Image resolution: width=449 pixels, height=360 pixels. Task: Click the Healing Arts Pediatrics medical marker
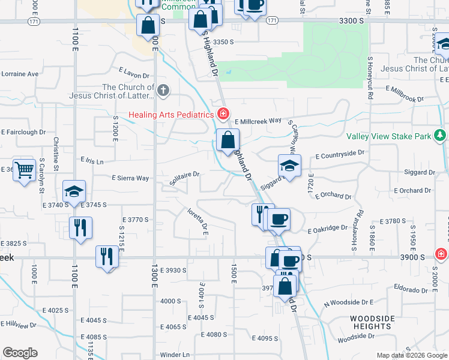(x=223, y=113)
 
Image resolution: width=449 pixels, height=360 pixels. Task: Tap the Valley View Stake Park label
(x=389, y=137)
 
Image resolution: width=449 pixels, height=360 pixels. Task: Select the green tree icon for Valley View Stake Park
(x=441, y=135)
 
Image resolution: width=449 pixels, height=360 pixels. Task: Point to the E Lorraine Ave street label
(x=19, y=74)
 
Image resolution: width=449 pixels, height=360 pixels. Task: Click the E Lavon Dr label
(x=133, y=73)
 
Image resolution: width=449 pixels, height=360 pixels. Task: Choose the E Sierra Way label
(x=130, y=178)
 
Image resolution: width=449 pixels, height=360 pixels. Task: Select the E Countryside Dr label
(x=340, y=154)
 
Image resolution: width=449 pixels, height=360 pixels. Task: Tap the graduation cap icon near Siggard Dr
(x=289, y=166)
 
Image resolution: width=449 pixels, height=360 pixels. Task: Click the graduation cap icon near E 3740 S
(x=74, y=192)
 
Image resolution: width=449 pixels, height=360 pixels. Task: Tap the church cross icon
(x=164, y=91)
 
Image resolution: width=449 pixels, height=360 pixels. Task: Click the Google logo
(x=20, y=353)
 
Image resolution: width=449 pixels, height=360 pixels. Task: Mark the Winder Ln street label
(x=174, y=354)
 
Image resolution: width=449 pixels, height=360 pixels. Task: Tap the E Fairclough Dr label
(x=23, y=132)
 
